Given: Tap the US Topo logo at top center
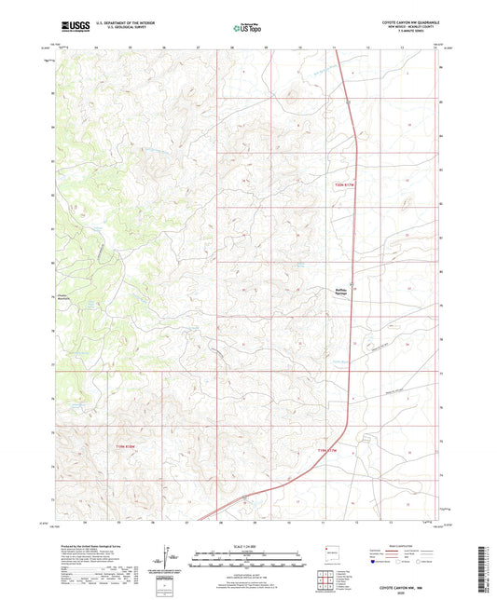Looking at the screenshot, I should point(247,29).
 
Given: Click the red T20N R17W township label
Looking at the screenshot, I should point(346,186).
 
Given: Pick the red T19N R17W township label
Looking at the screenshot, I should point(331,451).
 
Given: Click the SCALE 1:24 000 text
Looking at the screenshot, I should point(248,545).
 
